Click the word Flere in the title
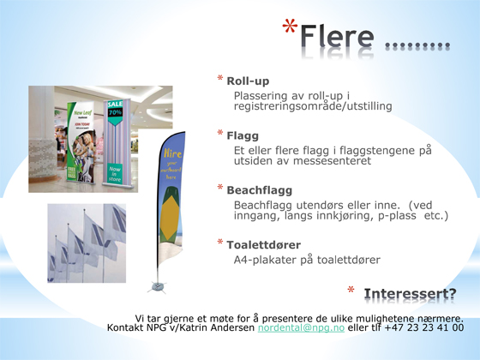tap(337, 36)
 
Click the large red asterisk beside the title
tap(290, 27)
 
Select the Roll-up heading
tap(248, 81)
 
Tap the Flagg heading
tap(243, 135)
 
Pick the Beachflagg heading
tap(260, 190)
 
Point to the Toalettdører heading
tap(264, 245)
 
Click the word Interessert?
tap(410, 293)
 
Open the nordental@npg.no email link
tap(301, 327)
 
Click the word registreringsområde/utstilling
tap(313, 106)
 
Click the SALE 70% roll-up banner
tap(117, 142)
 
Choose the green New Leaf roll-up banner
tap(81, 142)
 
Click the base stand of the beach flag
tap(158, 287)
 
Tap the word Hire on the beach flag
tap(172, 153)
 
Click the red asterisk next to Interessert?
tap(351, 290)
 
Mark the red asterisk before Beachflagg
tap(220, 188)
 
